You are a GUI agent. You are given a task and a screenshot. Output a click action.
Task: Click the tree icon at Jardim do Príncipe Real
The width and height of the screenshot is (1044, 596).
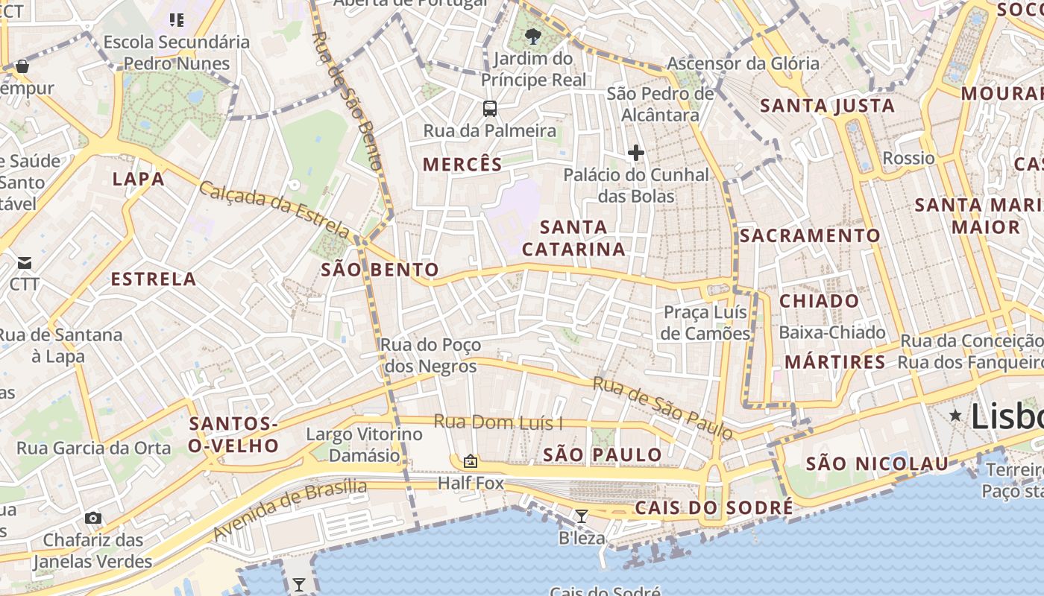pyautogui.click(x=533, y=36)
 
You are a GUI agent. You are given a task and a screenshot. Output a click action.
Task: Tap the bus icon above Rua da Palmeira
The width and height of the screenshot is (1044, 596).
pyautogui.click(x=490, y=109)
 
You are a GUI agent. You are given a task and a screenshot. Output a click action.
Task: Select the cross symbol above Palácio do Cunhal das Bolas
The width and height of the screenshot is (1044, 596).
pyautogui.click(x=636, y=153)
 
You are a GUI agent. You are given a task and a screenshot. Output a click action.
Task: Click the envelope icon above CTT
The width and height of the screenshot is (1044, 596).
pyautogui.click(x=25, y=262)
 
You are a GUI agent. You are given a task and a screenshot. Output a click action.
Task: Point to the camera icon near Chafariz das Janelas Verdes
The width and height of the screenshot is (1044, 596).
pyautogui.click(x=93, y=518)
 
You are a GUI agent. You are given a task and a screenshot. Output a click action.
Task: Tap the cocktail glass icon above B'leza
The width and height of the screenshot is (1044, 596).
pyautogui.click(x=582, y=516)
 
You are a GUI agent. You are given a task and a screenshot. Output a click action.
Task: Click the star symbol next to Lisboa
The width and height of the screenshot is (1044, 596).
pyautogui.click(x=955, y=416)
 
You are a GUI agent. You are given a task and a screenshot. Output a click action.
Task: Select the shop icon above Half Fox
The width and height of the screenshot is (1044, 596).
pyautogui.click(x=471, y=461)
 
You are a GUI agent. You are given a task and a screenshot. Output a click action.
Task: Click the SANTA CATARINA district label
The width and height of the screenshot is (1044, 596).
pyautogui.click(x=573, y=238)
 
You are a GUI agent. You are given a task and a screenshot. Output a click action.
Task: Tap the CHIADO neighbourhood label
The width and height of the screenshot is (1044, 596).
pyautogui.click(x=819, y=301)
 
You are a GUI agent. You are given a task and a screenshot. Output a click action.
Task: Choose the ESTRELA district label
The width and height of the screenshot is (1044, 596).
pyautogui.click(x=154, y=279)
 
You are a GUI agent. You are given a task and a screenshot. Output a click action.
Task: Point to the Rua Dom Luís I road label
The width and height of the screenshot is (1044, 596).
pyautogui.click(x=498, y=422)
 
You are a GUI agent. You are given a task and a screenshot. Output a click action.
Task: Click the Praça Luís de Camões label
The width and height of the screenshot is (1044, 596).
pyautogui.click(x=705, y=322)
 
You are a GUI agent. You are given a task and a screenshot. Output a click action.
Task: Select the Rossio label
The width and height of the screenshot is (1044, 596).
pyautogui.click(x=908, y=158)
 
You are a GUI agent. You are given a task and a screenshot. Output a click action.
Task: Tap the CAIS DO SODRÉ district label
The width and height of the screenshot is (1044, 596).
pyautogui.click(x=714, y=508)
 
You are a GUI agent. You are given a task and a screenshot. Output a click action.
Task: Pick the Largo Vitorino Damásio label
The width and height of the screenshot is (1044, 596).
pyautogui.click(x=364, y=444)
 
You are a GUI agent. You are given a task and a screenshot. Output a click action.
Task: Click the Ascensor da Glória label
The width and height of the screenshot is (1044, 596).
pyautogui.click(x=743, y=63)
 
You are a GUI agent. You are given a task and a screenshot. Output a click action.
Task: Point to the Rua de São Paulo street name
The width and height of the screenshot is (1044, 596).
pyautogui.click(x=662, y=408)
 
